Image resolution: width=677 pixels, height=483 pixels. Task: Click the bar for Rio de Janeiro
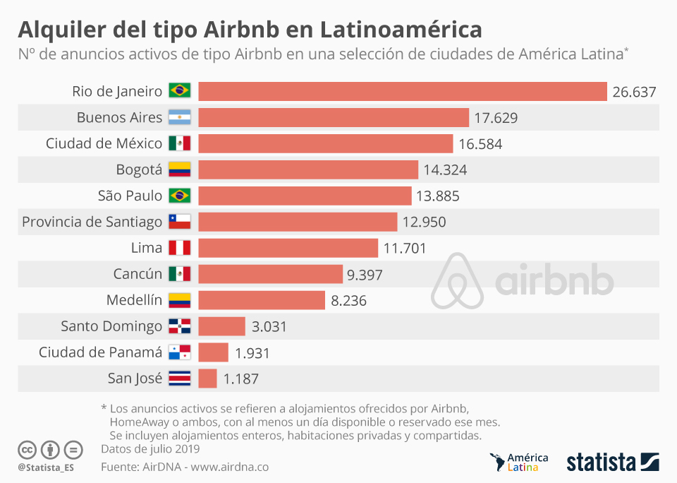(x=402, y=92)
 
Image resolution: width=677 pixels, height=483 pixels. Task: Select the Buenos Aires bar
(x=333, y=118)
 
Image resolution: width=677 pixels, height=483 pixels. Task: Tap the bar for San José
(x=207, y=378)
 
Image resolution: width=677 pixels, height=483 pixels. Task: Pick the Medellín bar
(x=261, y=300)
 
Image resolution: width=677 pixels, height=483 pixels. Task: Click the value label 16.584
(x=480, y=144)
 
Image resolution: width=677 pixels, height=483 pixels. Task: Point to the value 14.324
(x=445, y=170)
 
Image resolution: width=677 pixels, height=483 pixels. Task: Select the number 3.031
(x=269, y=326)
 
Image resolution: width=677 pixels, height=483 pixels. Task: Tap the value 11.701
(x=405, y=248)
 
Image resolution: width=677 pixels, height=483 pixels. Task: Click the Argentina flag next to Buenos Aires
(x=179, y=118)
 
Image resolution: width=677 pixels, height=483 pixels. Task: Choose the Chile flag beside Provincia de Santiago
(x=179, y=222)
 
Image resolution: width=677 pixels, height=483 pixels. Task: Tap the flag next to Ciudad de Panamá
(x=179, y=352)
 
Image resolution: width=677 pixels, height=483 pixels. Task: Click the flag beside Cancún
(x=179, y=274)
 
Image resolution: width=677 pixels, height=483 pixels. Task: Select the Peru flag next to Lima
(x=179, y=248)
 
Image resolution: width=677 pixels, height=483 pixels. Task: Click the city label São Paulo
(x=130, y=196)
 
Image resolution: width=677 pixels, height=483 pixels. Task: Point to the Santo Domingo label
(x=111, y=326)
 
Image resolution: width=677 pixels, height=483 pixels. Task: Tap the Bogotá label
(x=139, y=169)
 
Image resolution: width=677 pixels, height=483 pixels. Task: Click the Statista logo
(x=612, y=463)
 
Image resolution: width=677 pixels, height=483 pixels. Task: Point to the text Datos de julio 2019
(x=150, y=448)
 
